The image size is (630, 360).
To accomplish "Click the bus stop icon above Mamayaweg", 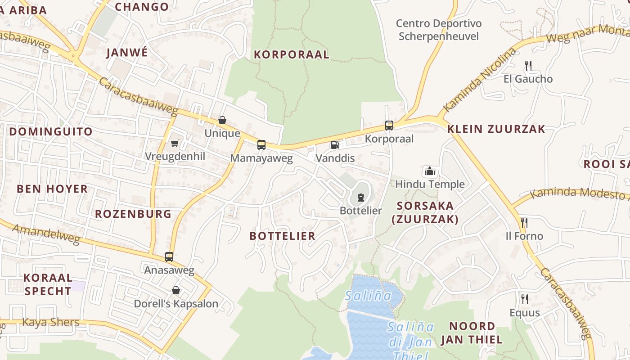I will pos(261,145).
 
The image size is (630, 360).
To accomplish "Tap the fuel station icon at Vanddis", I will pos(335,145).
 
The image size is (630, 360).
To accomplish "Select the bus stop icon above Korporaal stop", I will pos(389,126).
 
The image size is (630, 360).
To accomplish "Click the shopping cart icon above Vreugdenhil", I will pos(175,143).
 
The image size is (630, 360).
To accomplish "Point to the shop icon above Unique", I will pos(222,120).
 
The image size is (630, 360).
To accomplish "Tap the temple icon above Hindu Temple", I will pos(430,171).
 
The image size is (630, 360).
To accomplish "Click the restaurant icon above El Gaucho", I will pos(528,66).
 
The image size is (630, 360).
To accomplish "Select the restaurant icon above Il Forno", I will pos(524,223).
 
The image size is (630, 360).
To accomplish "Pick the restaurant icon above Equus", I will pos(524,299).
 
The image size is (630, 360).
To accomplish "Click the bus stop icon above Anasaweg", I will pos(169,257).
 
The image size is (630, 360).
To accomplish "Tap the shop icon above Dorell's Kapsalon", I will pos(176,290).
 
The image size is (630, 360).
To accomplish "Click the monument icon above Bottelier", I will pos(360,197).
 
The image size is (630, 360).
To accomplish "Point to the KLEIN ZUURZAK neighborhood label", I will pos(496,129).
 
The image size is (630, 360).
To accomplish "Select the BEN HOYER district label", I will pos(52,189).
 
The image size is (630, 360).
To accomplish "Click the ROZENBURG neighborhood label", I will pos(133,214).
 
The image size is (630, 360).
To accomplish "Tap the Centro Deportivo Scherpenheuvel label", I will pos(439,30).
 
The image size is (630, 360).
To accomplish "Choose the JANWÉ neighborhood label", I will pos(127,53).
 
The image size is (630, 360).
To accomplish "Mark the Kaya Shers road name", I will pos(51,322).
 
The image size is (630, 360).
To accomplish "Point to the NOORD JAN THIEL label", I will pos(472,333).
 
